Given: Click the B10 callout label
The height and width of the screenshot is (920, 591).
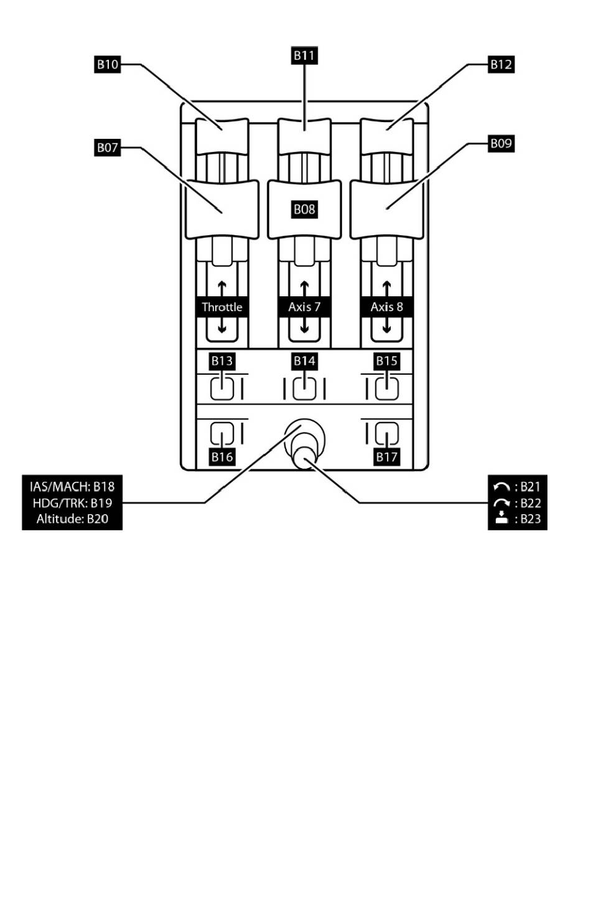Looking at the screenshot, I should tap(107, 64).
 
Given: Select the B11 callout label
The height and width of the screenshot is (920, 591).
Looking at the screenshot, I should tap(304, 55).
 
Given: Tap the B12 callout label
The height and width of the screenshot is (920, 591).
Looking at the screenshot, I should tap(501, 64).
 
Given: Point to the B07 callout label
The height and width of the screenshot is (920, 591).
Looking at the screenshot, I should tap(107, 148).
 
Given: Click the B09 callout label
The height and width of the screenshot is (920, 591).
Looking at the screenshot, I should tap(501, 143).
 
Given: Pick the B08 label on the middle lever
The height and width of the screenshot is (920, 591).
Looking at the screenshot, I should tap(304, 209).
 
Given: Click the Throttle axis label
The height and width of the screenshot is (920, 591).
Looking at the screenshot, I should tap(222, 307).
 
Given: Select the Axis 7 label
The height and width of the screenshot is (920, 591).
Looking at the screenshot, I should tap(304, 307).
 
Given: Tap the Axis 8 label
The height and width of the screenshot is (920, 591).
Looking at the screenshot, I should tap(386, 307).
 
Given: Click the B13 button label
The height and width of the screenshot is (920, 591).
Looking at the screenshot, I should tap(221, 361).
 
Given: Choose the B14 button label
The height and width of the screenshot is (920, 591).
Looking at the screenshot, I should tap(304, 361).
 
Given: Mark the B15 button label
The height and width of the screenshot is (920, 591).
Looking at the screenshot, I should tap(386, 361).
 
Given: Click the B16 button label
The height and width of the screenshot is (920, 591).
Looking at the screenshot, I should tap(221, 457).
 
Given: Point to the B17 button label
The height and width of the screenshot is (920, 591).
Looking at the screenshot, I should tap(386, 457).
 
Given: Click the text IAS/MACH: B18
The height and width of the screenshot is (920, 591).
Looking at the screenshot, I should tap(72, 486).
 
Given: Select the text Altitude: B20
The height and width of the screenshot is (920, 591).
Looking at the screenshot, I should tap(72, 519).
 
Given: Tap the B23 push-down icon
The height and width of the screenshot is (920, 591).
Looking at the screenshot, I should tap(502, 519).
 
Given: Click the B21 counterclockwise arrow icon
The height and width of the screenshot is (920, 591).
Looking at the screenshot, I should tap(501, 487).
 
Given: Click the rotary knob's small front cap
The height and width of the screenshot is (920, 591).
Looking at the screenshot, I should tap(304, 458).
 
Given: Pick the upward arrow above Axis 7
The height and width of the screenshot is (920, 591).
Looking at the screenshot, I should tap(304, 289).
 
